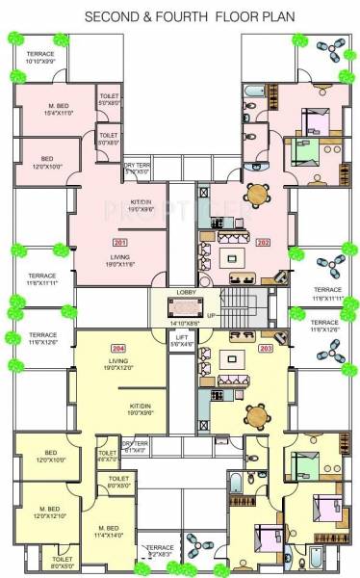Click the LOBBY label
click(187, 291)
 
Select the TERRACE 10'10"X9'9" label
click(39, 58)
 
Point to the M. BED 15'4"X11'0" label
click(64, 108)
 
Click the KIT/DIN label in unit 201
click(141, 204)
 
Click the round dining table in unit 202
click(257, 194)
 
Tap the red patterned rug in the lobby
click(182, 307)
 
